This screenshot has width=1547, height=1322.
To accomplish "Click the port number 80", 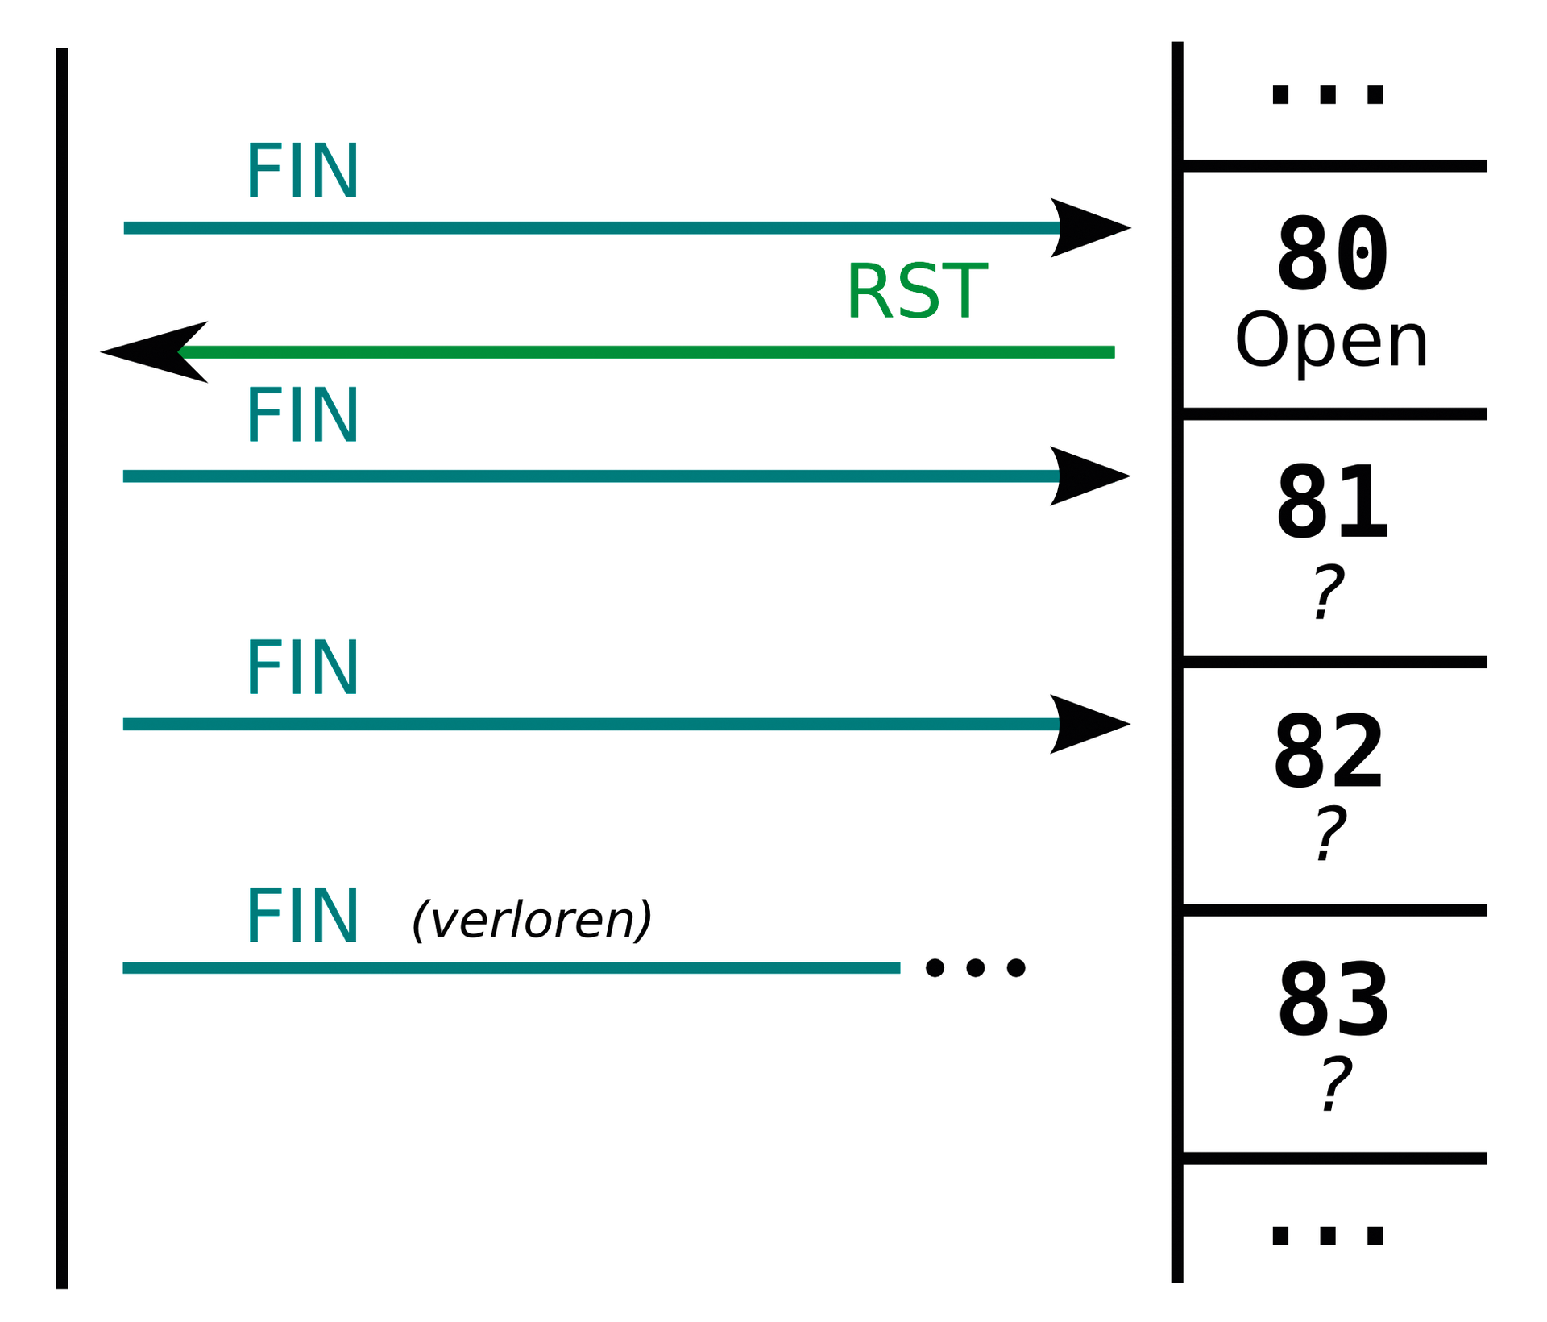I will pyautogui.click(x=1333, y=255).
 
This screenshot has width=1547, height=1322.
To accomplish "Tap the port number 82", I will pyautogui.click(x=1329, y=753).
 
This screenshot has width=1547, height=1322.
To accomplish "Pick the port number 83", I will pyautogui.click(x=1333, y=1001).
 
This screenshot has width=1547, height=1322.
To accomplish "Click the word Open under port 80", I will pyautogui.click(x=1331, y=342).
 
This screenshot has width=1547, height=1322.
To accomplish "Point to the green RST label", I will pyautogui.click(x=916, y=292).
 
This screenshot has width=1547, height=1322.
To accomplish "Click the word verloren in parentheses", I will pyautogui.click(x=532, y=920).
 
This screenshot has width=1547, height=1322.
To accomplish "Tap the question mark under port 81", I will pyautogui.click(x=1328, y=592).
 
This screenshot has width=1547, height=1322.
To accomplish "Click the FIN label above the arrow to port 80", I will pyautogui.click(x=302, y=171).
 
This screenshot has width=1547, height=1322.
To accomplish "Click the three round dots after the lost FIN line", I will pyautogui.click(x=975, y=967).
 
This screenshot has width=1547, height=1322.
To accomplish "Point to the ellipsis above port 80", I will pyautogui.click(x=1327, y=95).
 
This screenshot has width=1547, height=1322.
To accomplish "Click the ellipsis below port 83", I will pyautogui.click(x=1327, y=1236).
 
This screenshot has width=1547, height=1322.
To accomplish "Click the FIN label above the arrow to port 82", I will pyautogui.click(x=302, y=667).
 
